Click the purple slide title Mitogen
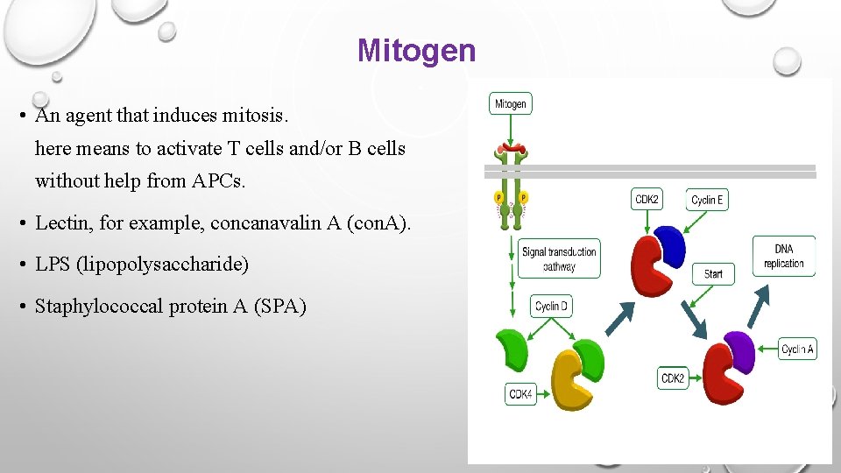[416, 51]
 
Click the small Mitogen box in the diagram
[511, 104]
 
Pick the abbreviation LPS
[53, 264]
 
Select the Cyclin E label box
[707, 200]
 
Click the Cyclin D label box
[552, 307]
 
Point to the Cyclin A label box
[797, 349]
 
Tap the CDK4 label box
[520, 394]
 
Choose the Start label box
[713, 273]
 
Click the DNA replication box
[783, 256]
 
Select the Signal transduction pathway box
[559, 258]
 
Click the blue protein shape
[668, 246]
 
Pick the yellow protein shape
[570, 380]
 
